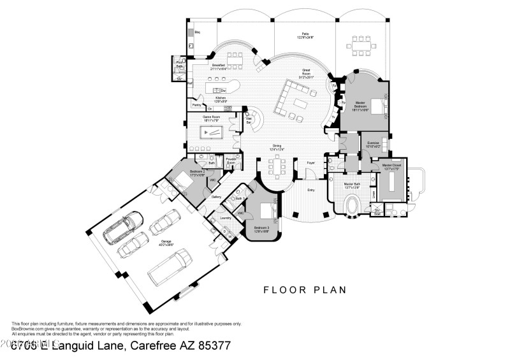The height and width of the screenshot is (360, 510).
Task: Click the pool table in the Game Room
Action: pyautogui.click(x=211, y=133)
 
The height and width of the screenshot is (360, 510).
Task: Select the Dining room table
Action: pyautogui.click(x=277, y=166)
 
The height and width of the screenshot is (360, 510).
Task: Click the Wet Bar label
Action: pyautogui.click(x=250, y=119)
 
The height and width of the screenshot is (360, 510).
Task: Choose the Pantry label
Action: pyautogui.click(x=196, y=104)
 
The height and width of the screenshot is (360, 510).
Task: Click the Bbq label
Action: pyautogui.click(x=198, y=32)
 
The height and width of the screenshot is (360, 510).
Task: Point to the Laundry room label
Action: pyautogui.click(x=226, y=218)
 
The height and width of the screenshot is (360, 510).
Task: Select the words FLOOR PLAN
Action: pyautogui.click(x=305, y=290)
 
